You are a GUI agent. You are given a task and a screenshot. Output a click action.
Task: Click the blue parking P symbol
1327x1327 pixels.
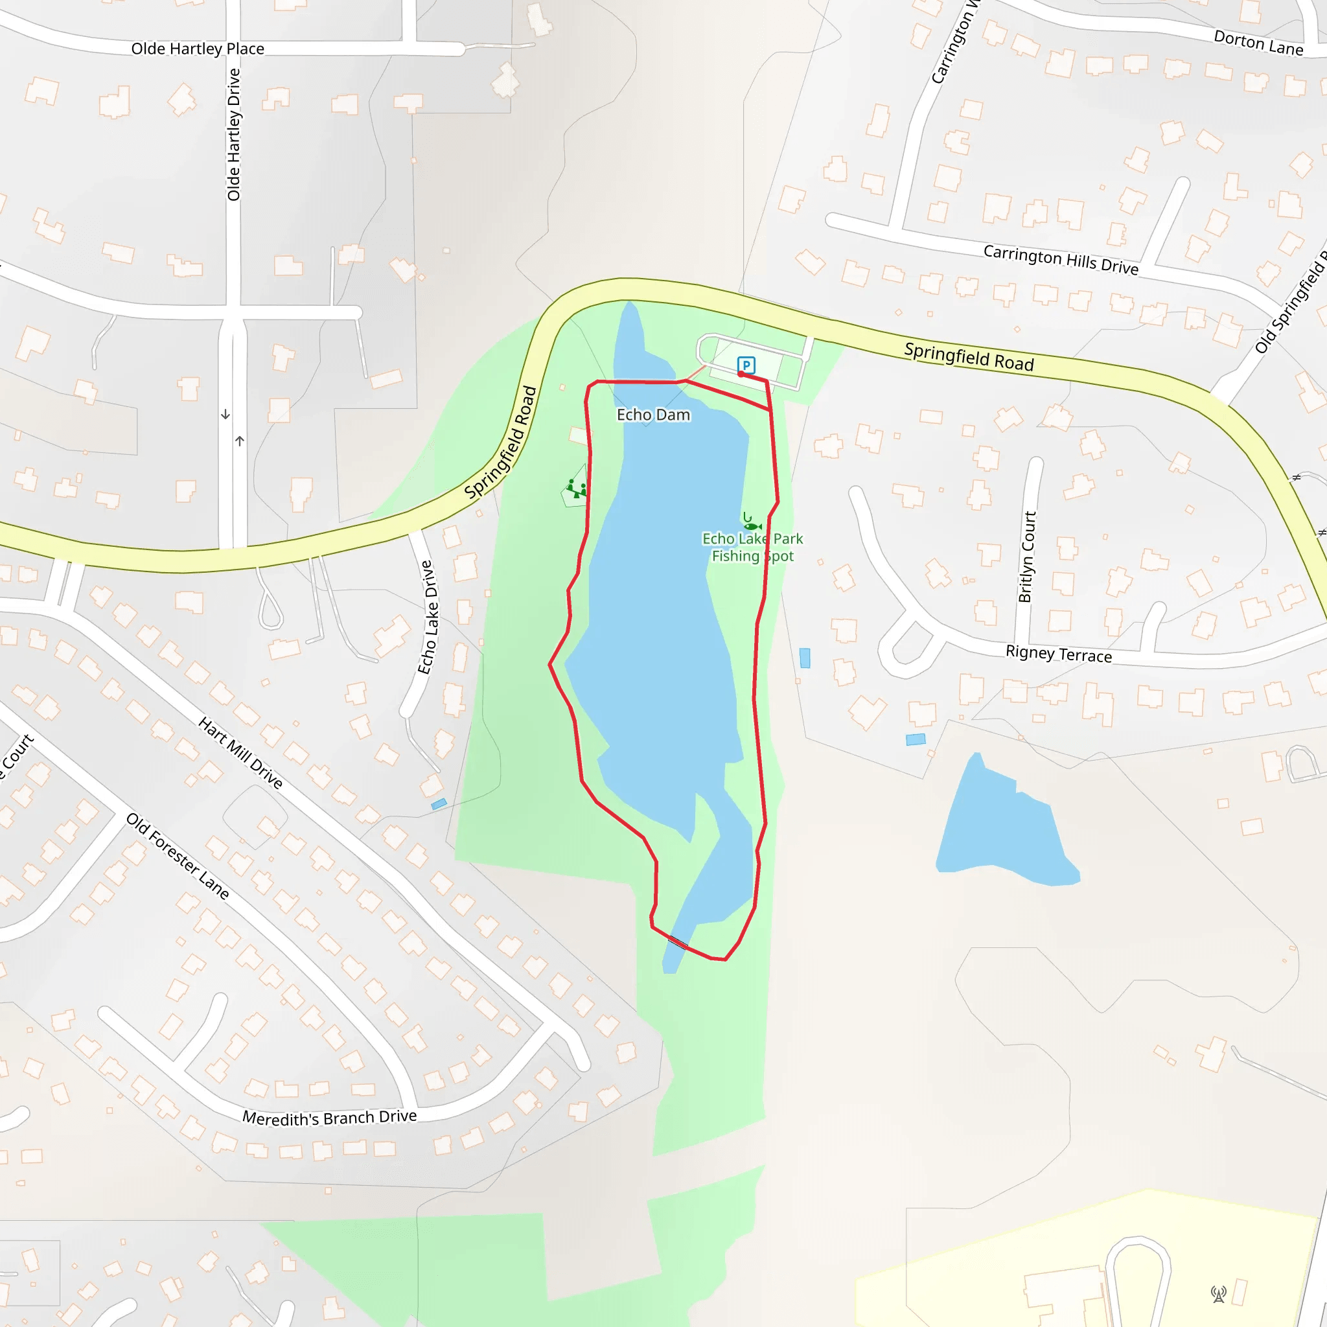point(746,365)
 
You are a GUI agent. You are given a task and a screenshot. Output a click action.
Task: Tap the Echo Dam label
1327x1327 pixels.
point(653,415)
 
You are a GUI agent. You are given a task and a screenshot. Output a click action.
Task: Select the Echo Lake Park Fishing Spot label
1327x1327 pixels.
point(752,548)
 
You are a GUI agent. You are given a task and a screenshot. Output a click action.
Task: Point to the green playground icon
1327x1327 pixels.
point(577,489)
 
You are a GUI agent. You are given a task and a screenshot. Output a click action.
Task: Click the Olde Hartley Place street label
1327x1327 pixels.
point(198,49)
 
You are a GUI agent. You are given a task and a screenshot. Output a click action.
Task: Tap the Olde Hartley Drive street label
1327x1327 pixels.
point(234,135)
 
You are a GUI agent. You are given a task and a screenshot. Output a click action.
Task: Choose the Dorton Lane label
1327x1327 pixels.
point(1258,43)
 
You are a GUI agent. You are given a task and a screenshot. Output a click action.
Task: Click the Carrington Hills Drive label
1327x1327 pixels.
point(1061,260)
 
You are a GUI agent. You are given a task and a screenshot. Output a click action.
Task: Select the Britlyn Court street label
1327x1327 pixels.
point(1026,557)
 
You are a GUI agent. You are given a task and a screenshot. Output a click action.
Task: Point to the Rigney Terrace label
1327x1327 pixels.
point(1059,653)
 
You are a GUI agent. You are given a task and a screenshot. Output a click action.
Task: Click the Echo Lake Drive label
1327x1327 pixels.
point(426,617)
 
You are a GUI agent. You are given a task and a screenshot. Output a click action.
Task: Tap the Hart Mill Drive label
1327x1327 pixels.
point(240,752)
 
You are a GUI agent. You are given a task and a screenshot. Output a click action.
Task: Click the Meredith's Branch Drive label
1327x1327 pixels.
point(330,1118)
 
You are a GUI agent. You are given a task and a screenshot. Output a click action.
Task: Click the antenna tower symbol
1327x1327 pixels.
point(1219,1294)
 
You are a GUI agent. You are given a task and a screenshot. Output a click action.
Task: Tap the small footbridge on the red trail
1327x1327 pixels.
point(678,942)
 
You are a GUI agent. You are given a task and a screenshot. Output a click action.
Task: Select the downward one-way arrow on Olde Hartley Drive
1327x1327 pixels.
point(225,414)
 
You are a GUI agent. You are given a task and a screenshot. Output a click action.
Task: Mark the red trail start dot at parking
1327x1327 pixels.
point(741,374)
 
